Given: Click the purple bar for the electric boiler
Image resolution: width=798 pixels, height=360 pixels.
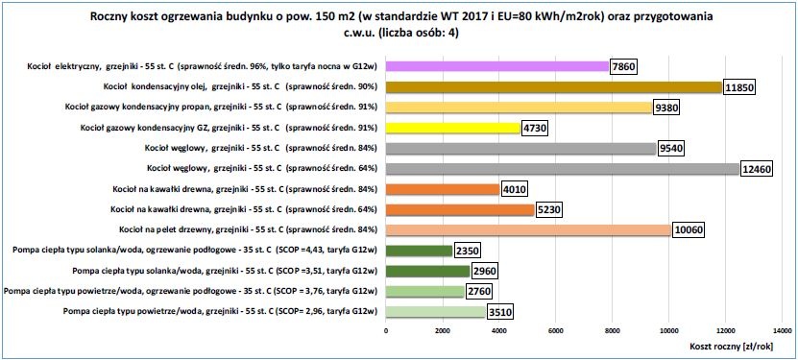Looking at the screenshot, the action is click(497, 66).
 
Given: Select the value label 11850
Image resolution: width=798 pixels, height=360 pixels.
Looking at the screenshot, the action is click(738, 87).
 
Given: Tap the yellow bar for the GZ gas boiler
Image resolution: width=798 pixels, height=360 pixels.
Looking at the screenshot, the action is click(453, 128).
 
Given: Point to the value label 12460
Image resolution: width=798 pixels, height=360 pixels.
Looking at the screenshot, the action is click(756, 169).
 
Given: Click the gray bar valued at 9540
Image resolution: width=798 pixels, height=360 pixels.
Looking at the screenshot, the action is click(521, 149).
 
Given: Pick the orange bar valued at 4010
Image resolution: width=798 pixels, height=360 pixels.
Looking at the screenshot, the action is click(443, 189).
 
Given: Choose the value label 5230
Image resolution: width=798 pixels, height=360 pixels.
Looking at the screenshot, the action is click(548, 210).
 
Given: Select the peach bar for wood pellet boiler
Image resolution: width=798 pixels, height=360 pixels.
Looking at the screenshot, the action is click(528, 230).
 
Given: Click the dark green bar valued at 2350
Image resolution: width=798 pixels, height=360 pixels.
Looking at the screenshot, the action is click(420, 251).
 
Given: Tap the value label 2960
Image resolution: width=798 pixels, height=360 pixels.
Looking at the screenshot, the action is click(484, 272).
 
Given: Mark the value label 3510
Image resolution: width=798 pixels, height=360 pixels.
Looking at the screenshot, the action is click(499, 312).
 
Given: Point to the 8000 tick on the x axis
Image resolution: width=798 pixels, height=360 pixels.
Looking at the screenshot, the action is click(613, 330).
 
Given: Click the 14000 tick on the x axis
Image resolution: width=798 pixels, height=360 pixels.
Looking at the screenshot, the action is click(782, 330).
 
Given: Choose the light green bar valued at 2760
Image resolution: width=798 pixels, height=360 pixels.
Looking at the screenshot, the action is click(425, 291).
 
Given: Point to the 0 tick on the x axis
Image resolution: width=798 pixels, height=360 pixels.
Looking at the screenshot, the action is click(386, 330).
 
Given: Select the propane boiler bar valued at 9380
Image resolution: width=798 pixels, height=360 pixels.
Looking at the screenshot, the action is click(520, 108).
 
